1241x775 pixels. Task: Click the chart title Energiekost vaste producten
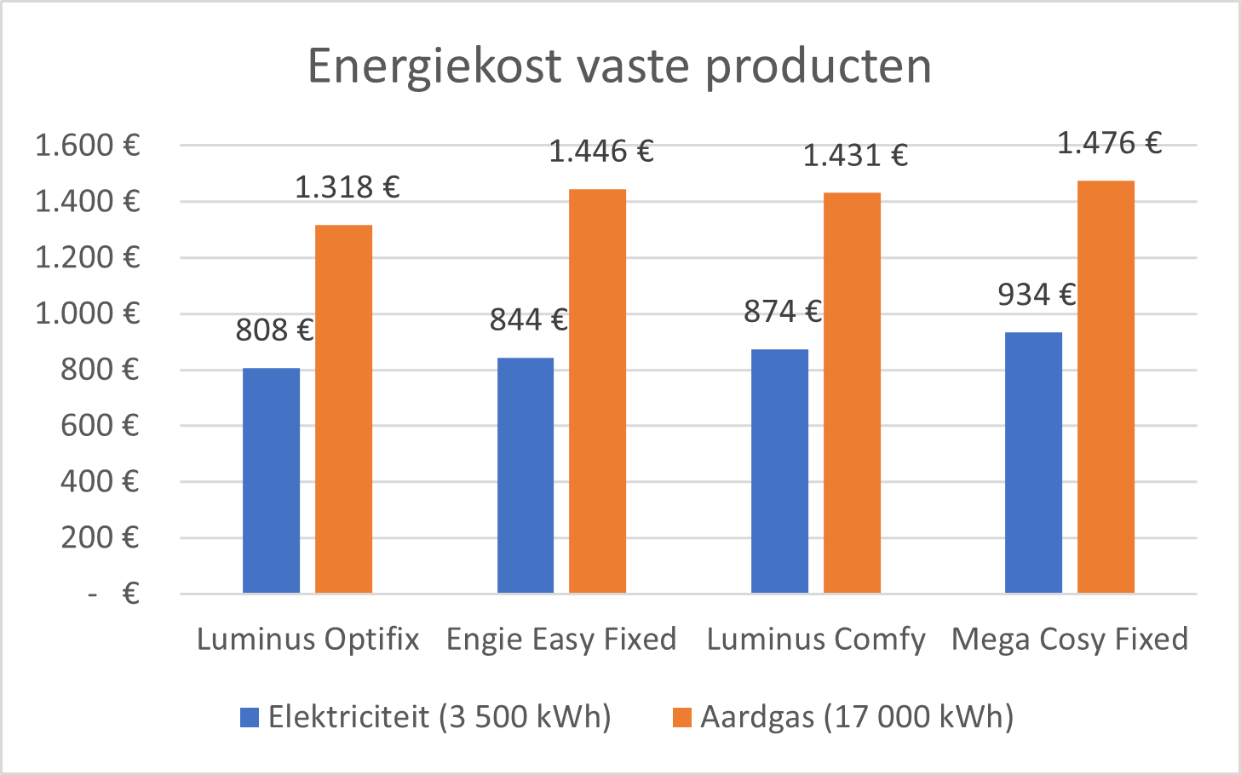619,66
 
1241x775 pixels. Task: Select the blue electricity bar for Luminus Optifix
271,480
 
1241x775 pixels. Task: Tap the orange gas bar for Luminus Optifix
343,409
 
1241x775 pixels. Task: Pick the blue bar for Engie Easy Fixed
525,475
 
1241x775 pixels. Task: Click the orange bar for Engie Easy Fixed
597,391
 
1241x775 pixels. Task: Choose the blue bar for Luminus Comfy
779,471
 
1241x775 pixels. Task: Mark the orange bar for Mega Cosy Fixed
1106,387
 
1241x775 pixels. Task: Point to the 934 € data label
1037,295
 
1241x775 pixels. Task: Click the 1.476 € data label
1109,143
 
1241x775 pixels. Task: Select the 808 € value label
274,330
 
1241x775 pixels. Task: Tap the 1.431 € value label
855,156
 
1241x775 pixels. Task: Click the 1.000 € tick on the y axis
87,313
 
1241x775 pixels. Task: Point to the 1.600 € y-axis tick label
87,146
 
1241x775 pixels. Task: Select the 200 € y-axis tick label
100,537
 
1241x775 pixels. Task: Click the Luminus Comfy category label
815,639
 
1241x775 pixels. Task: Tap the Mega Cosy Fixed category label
1069,639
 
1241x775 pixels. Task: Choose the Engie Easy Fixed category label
561,639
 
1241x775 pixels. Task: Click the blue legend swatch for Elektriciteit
250,717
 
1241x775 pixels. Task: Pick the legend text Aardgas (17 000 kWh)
857,717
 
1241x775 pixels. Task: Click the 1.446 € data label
600,152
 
